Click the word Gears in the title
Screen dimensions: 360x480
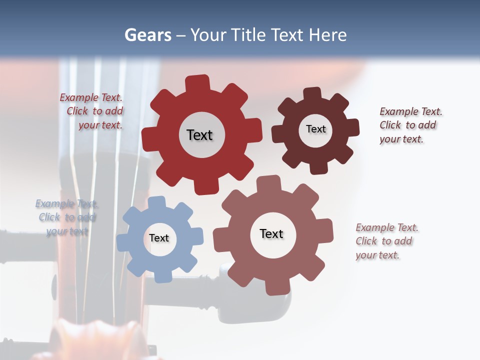[x=147, y=35]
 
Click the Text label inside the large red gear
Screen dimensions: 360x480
[x=199, y=135]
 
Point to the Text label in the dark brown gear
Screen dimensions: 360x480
[x=315, y=129]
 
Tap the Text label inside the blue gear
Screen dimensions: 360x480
[x=159, y=238]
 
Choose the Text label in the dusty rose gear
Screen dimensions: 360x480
[x=271, y=233]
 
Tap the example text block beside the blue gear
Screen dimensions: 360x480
[x=67, y=217]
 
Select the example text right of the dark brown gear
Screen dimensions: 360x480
[x=410, y=125]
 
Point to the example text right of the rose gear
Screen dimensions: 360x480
[x=386, y=241]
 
